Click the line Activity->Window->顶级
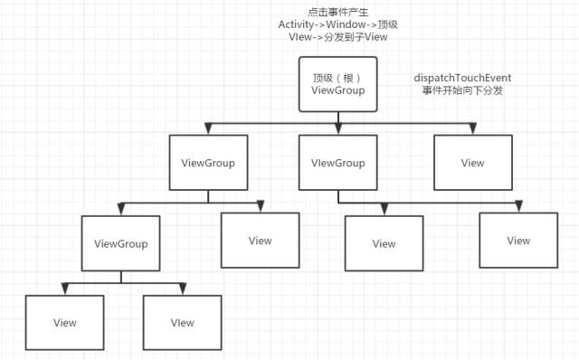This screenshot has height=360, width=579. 338,24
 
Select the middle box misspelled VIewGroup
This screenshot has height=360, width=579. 337,163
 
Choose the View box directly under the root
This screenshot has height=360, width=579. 472,163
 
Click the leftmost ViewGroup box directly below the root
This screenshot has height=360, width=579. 208,163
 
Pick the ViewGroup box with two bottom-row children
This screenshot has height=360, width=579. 120,243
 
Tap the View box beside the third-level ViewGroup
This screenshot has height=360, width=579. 260,240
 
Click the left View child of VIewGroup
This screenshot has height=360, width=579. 384,243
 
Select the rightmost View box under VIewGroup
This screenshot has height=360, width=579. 518,241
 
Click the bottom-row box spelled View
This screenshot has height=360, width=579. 65,322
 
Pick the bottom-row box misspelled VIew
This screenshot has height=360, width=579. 182,322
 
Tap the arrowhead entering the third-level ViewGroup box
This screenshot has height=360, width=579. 121,209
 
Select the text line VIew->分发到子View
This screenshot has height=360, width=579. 338,38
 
